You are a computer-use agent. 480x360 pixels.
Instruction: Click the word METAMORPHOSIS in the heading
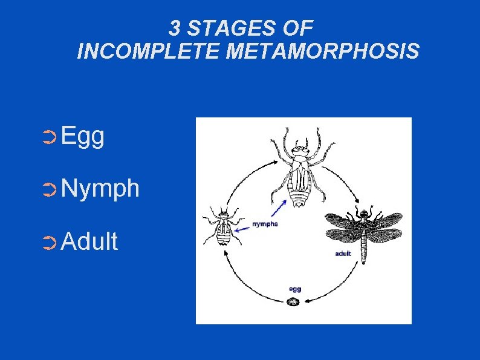pyautogui.click(x=322, y=52)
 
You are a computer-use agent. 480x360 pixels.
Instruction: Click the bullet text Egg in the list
pyautogui.click(x=83, y=137)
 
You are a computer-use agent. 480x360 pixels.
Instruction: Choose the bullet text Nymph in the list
pyautogui.click(x=100, y=189)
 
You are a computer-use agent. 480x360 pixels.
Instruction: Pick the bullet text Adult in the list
pyautogui.click(x=89, y=241)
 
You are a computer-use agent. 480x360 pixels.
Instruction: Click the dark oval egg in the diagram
pyautogui.click(x=294, y=301)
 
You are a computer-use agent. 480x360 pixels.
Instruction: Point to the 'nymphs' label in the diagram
pyautogui.click(x=265, y=223)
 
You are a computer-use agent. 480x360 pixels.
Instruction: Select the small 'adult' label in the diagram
pyautogui.click(x=343, y=254)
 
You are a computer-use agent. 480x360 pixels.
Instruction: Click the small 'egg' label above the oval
pyautogui.click(x=294, y=289)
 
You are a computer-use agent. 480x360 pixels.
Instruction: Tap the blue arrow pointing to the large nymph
pyautogui.click(x=279, y=209)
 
